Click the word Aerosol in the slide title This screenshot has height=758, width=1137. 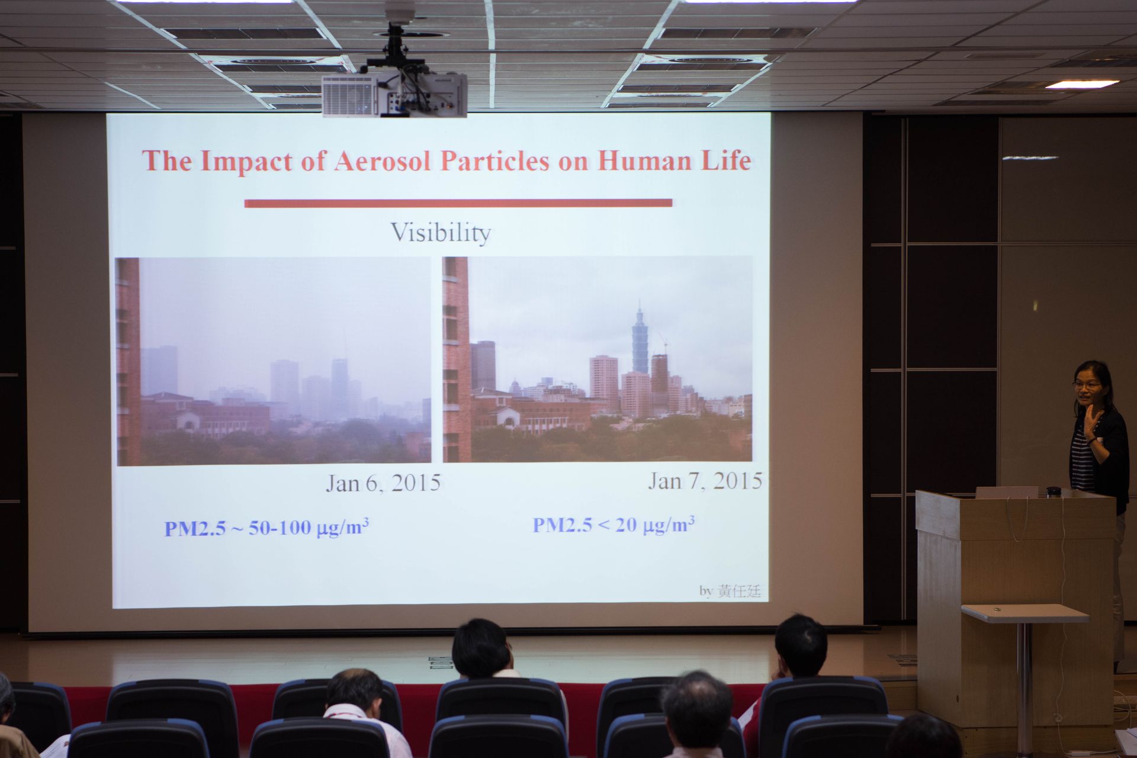[x=382, y=161]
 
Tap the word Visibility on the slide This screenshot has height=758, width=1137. [x=441, y=232]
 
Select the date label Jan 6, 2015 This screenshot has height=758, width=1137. [x=384, y=483]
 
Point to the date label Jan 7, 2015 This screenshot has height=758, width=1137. [x=705, y=481]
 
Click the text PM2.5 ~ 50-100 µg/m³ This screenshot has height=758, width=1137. [x=266, y=527]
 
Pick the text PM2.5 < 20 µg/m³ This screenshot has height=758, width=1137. [x=614, y=525]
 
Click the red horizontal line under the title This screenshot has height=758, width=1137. [x=458, y=203]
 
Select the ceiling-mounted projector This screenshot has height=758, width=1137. [x=394, y=94]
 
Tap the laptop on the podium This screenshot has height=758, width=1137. [x=1007, y=492]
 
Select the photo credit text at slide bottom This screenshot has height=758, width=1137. [x=730, y=591]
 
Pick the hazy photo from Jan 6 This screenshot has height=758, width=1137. [x=274, y=361]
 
